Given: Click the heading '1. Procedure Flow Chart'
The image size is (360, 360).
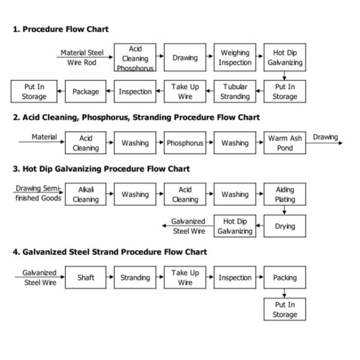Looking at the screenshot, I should pyautogui.click(x=61, y=29).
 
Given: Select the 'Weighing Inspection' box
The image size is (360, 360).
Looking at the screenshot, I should pyautogui.click(x=235, y=58).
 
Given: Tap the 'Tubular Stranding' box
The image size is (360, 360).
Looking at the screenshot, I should pyautogui.click(x=235, y=92).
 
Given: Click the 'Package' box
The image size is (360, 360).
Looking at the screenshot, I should pyautogui.click(x=86, y=92).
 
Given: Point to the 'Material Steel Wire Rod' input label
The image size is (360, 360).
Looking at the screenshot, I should pyautogui.click(x=82, y=58).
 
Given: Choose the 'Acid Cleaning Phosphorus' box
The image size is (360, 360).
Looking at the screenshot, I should pyautogui.click(x=135, y=58).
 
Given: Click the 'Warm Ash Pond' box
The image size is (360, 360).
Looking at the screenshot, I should pyautogui.click(x=285, y=143).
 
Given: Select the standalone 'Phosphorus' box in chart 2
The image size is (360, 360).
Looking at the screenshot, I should pyautogui.click(x=185, y=143).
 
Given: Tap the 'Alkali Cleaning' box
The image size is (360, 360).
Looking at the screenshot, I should pyautogui.click(x=86, y=194).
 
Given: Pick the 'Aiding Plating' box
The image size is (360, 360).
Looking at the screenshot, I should pyautogui.click(x=285, y=194).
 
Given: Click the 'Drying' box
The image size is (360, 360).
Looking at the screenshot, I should pyautogui.click(x=285, y=226).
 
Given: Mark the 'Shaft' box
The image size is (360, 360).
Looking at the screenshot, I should pyautogui.click(x=86, y=278).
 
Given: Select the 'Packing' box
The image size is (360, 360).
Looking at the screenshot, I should pyautogui.click(x=285, y=278).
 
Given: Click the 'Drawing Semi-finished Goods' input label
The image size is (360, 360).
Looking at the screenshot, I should pyautogui.click(x=38, y=193).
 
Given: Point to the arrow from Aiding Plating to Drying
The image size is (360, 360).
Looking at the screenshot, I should pyautogui.click(x=285, y=210).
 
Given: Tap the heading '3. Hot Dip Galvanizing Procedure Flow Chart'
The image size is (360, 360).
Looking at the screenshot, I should pyautogui.click(x=101, y=169).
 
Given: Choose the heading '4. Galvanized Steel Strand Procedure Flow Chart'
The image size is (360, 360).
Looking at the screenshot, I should pyautogui.click(x=110, y=252).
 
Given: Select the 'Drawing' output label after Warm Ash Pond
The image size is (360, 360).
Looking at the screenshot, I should pyautogui.click(x=325, y=137).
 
